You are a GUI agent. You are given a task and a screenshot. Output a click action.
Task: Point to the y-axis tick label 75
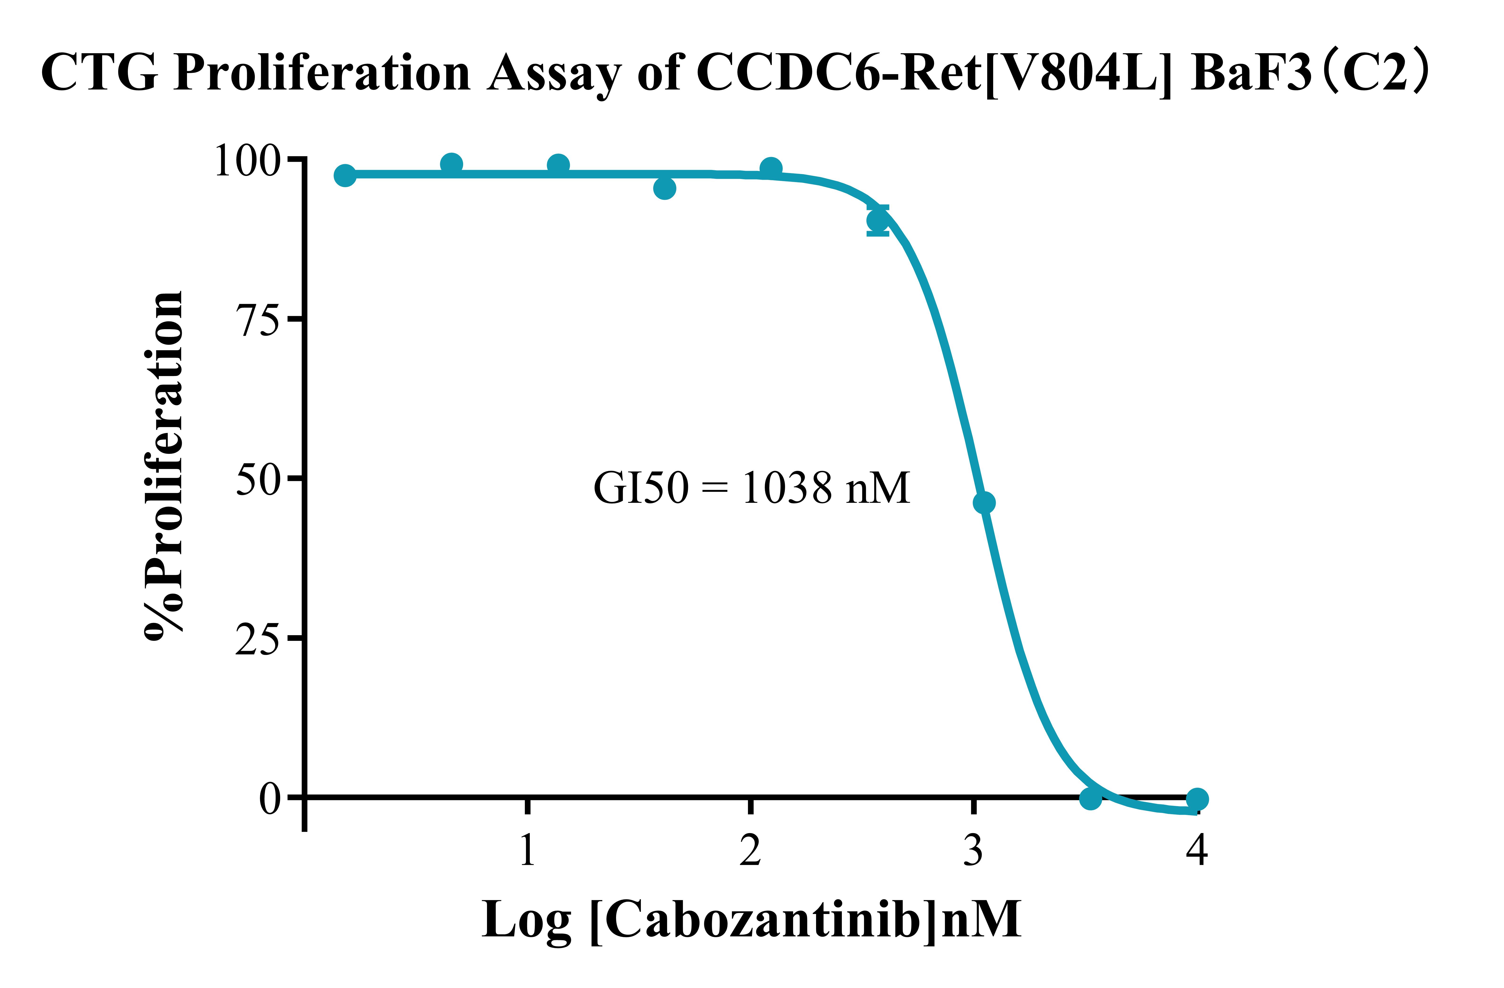tap(257, 321)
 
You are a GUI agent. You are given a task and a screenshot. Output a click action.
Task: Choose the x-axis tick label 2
tap(750, 850)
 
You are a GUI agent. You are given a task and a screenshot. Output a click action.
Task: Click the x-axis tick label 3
tap(973, 850)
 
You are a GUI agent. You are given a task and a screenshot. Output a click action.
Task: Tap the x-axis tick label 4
tap(1196, 850)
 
